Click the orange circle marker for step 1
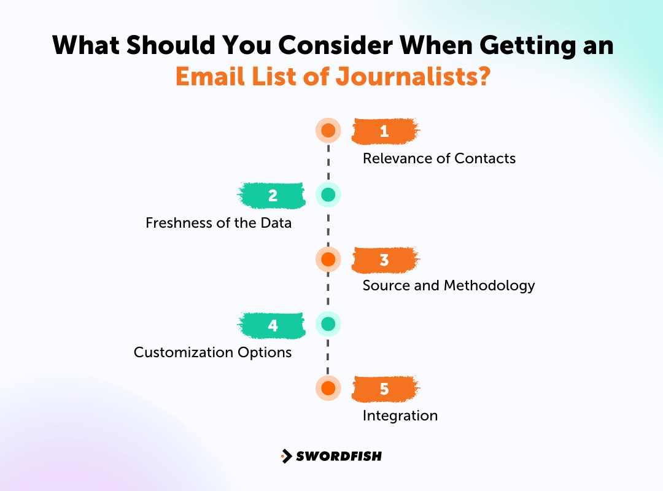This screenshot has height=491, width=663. [x=328, y=131]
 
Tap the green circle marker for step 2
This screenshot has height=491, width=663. [x=328, y=195]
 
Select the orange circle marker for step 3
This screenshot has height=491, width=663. [x=328, y=260]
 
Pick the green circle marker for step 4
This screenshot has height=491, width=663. [x=328, y=324]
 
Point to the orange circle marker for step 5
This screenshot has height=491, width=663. [x=328, y=389]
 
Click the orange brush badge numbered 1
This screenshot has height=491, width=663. [x=385, y=131]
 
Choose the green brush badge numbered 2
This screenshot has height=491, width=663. [x=272, y=195]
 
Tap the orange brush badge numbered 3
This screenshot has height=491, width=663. [x=385, y=260]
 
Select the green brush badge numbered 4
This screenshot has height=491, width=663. [x=272, y=324]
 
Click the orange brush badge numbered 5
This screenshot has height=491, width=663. [x=385, y=389]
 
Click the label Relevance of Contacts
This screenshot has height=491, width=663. [x=439, y=158]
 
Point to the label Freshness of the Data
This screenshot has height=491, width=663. [x=219, y=223]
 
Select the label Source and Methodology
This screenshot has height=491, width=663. [x=449, y=285]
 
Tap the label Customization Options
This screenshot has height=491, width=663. [x=212, y=352]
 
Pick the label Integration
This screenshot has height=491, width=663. [x=400, y=416]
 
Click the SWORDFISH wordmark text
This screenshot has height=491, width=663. [x=339, y=456]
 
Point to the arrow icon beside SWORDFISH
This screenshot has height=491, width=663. [x=286, y=456]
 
